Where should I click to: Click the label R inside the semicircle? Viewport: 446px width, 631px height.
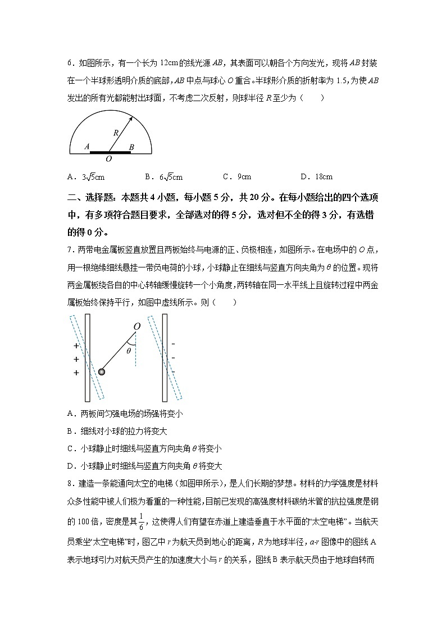115,133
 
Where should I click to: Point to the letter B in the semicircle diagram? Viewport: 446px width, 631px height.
131,147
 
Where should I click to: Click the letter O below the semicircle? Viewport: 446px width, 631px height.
108,159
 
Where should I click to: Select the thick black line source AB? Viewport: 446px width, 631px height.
110,152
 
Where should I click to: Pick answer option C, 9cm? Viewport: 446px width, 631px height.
236,177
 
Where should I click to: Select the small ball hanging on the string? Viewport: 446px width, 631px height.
102,371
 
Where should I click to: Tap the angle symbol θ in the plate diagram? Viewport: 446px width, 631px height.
128,351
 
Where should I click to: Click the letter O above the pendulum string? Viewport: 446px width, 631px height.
136,326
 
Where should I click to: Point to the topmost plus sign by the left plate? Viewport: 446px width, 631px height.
76,346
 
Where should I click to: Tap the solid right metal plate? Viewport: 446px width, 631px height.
165,358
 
